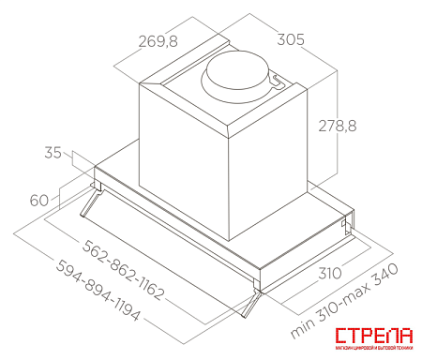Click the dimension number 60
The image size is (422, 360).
point(38,199)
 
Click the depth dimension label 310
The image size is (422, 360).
point(327,276)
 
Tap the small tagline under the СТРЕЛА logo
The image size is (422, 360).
point(373,350)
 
